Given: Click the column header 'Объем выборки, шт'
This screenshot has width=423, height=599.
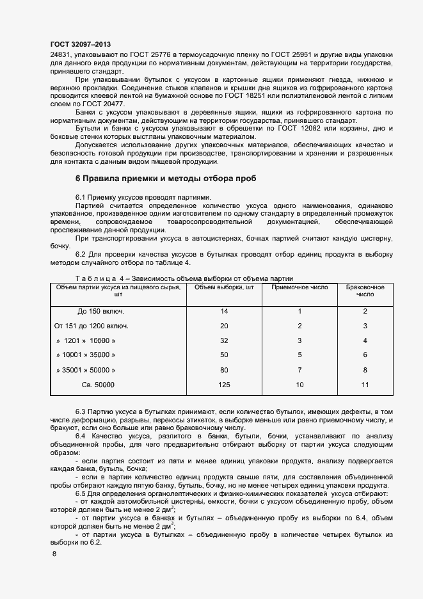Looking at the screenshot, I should click(x=224, y=287).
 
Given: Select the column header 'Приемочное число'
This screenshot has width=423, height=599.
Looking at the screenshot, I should click(x=299, y=287).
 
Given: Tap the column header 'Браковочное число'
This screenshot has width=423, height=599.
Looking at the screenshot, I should click(x=365, y=291).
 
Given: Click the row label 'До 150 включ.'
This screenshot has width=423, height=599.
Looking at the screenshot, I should click(x=100, y=312).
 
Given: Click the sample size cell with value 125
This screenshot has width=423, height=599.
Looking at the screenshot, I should click(x=224, y=385).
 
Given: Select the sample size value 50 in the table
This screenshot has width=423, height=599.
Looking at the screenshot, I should click(x=224, y=355).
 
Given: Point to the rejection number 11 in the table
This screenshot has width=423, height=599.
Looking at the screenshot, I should click(x=365, y=385).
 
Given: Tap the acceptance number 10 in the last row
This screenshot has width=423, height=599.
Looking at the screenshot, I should click(x=299, y=385).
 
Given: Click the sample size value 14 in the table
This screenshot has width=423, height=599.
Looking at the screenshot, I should click(x=224, y=312).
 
